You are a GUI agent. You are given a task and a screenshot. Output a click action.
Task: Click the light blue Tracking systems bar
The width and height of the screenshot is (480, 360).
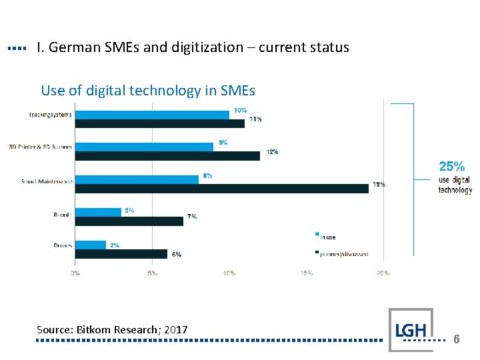[x=152, y=115]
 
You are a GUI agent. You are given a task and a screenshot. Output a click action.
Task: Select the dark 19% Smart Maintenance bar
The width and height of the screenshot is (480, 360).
[x=221, y=189]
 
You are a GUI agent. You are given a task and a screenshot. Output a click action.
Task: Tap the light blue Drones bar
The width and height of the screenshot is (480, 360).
[x=91, y=245]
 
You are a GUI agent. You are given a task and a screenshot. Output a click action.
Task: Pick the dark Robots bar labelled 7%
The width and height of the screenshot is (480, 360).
[x=129, y=221]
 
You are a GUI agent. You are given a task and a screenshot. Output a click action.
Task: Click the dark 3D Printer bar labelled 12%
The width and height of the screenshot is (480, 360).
[x=167, y=155]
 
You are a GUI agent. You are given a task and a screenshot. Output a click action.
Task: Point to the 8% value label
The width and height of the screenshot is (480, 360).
[x=208, y=176]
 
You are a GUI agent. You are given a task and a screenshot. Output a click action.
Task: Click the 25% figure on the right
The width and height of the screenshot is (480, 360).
[x=451, y=166]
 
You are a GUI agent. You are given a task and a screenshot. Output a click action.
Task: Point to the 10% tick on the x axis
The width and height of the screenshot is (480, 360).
[x=229, y=273]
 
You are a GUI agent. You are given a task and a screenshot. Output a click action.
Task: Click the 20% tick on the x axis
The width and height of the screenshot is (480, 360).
[x=383, y=273]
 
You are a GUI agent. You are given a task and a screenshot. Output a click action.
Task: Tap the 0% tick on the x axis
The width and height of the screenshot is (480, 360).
[x=76, y=273]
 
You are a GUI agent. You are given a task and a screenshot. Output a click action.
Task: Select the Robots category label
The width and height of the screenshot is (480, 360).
[x=63, y=215]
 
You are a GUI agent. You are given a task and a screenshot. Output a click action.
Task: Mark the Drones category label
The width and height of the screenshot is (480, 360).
[x=63, y=246]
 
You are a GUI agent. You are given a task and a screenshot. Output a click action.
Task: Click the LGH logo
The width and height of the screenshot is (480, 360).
[x=411, y=329]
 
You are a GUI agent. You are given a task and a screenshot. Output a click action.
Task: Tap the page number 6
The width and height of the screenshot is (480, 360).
[x=457, y=339]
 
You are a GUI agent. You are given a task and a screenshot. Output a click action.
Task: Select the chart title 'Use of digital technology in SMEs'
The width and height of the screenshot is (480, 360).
[x=148, y=90]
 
